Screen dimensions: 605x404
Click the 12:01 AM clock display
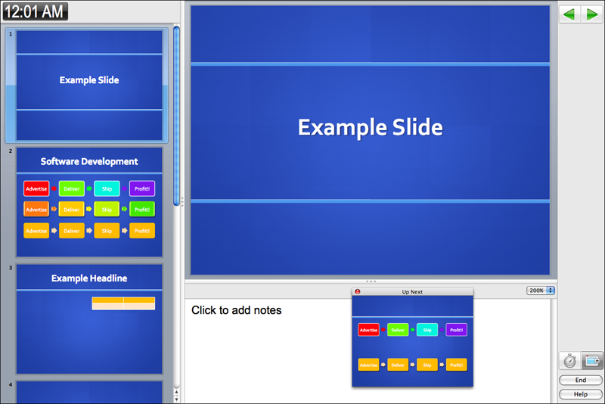[35, 11]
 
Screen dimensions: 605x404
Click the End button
[580, 380]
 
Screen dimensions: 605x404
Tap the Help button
[580, 394]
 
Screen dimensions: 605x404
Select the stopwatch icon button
[569, 361]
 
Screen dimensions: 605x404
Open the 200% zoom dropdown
[541, 291]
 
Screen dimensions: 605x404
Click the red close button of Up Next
[357, 292]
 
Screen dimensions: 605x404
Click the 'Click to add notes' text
[237, 310]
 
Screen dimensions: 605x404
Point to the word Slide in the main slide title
[417, 127]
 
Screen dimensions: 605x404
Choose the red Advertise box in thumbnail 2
[36, 188]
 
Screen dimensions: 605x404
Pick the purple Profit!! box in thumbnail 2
[142, 188]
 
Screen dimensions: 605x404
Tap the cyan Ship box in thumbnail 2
[107, 188]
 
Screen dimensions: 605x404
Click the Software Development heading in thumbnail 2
[89, 162]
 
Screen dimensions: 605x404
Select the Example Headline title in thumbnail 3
[89, 278]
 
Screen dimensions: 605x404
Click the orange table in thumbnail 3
[123, 303]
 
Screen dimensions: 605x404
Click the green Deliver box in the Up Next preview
[398, 330]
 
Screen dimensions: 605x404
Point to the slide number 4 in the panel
[11, 384]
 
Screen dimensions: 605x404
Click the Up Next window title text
[412, 292]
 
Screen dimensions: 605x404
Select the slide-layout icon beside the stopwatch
[592, 361]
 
